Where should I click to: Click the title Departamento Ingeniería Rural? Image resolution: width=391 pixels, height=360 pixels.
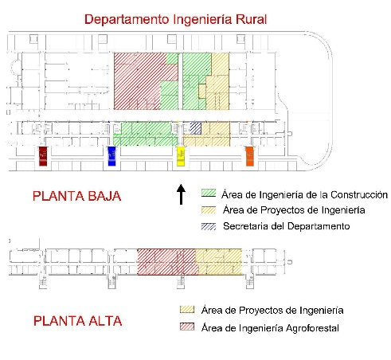pos(175,20)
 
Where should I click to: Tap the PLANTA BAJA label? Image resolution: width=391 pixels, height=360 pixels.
pos(76,196)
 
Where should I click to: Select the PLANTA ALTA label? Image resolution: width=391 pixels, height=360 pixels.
pos(77,321)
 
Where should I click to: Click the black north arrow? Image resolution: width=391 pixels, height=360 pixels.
pos(181,194)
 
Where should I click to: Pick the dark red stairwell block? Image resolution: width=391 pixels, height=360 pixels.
pos(43,156)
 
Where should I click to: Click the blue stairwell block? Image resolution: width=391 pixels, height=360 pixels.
pos(112,156)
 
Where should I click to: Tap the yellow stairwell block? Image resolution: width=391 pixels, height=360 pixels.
pos(181,156)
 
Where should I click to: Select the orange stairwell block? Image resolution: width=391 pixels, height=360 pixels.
pos(250,156)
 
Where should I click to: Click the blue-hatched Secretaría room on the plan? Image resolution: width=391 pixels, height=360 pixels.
pos(196,128)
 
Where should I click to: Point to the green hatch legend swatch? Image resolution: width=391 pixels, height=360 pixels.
pos(209,193)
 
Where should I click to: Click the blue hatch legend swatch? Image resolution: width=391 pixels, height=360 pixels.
pos(209,226)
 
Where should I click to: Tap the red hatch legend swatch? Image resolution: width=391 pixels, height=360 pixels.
pos(187,327)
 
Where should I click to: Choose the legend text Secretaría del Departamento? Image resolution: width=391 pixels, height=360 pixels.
pos(287,226)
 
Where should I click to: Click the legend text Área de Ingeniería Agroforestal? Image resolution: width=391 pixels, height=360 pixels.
pos(270,328)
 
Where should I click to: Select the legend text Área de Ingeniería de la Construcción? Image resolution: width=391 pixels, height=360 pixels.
pos(305,194)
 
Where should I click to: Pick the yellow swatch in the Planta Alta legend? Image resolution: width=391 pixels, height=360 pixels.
pos(187,310)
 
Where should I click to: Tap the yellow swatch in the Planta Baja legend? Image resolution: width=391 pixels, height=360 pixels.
pos(209,210)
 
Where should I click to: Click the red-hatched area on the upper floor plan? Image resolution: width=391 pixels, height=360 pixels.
pos(167,262)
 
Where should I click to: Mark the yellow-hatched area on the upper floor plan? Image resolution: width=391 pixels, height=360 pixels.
pos(219,262)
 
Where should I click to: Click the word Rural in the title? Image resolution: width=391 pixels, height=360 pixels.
pos(252,20)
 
